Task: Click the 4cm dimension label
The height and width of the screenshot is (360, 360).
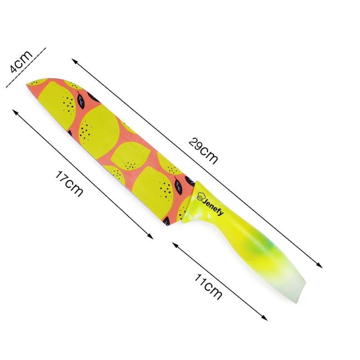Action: tap(21, 61)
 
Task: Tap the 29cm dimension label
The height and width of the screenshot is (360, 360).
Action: tap(203, 151)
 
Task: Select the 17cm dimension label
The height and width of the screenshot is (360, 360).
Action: tap(69, 184)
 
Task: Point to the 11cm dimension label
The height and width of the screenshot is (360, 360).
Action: tap(208, 287)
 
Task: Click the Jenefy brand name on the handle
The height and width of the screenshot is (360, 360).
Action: tap(213, 207)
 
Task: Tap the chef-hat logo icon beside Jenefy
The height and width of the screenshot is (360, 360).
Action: tap(200, 197)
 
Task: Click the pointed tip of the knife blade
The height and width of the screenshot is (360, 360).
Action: tap(27, 84)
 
